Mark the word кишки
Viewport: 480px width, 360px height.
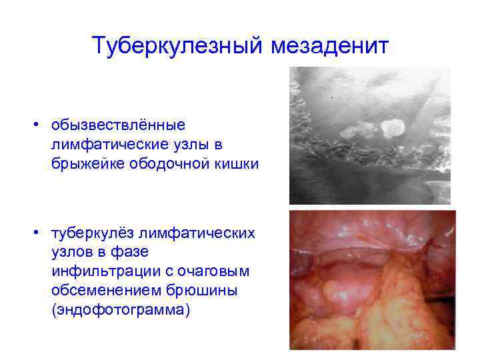[x=214, y=163]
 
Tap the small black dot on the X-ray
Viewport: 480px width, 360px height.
[x=331, y=99]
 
